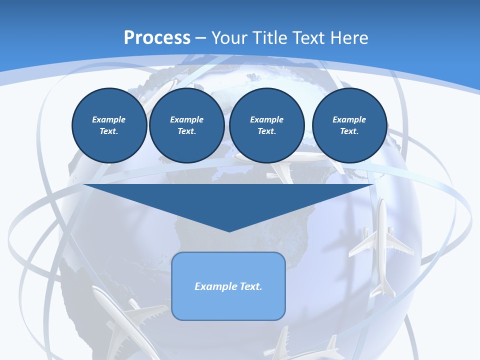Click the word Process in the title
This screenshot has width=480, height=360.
point(157,37)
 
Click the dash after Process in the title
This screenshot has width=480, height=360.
point(201,38)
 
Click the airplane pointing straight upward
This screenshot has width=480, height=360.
point(381,245)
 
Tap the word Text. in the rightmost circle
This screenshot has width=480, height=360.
point(349,131)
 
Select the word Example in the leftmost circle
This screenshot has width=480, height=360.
point(109,119)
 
